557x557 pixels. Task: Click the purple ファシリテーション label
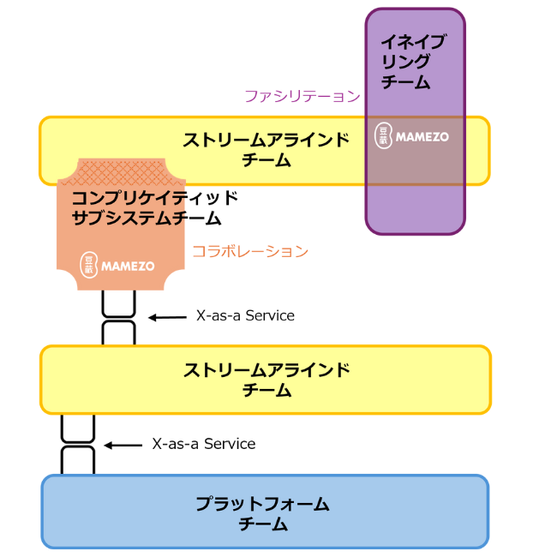pyautogui.click(x=302, y=96)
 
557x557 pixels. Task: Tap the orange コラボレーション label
pyautogui.click(x=249, y=251)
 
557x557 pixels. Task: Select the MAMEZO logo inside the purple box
pyautogui.click(x=412, y=136)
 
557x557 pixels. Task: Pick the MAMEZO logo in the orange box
pyautogui.click(x=117, y=266)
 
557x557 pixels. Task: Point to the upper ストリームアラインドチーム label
pyautogui.click(x=266, y=150)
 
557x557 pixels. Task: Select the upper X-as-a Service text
pyautogui.click(x=245, y=315)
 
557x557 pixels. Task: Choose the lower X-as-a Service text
pyautogui.click(x=204, y=444)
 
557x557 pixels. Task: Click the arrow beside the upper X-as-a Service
pyautogui.click(x=166, y=317)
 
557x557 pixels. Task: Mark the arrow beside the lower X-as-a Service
pyautogui.click(x=122, y=445)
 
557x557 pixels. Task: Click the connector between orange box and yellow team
pyautogui.click(x=119, y=318)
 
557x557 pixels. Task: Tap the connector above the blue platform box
pyautogui.click(x=77, y=444)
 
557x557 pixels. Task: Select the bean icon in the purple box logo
pyautogui.click(x=384, y=136)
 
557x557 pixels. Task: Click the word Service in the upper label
pyautogui.click(x=270, y=315)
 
